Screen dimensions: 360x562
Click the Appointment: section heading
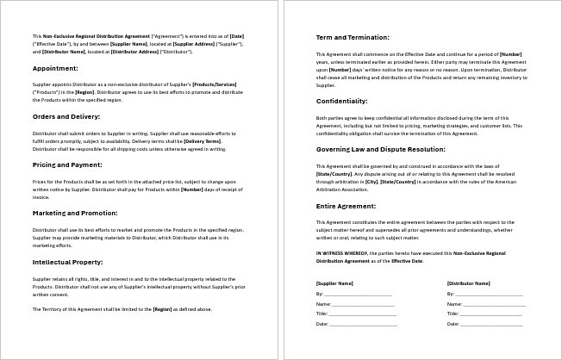55,67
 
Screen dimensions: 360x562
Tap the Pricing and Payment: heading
68,164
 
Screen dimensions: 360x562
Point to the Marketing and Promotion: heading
74,212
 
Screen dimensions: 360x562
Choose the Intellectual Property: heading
67,260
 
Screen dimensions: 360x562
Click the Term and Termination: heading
353,38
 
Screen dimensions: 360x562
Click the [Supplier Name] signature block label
334,282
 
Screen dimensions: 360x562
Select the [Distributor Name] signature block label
468,282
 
